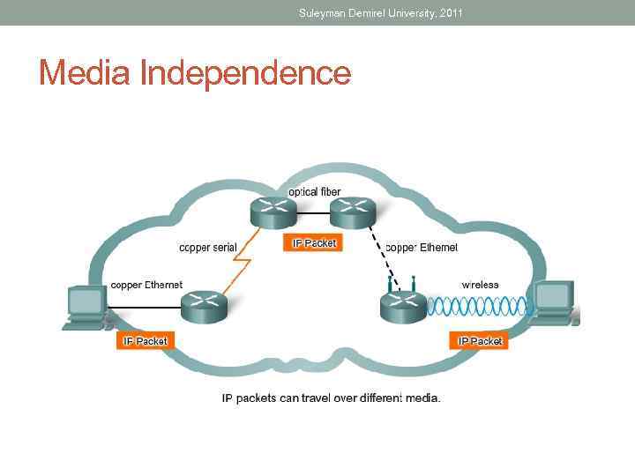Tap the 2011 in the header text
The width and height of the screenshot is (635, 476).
point(450,12)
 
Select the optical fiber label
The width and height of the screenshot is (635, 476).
point(314,192)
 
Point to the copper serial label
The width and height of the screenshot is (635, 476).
point(208,248)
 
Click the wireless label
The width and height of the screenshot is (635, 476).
point(480,285)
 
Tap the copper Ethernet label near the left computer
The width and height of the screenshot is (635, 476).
point(146,285)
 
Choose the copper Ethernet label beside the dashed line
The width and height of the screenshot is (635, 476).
point(422,248)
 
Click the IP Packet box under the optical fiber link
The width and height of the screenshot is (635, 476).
point(312,242)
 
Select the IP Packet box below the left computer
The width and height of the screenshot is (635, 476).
point(146,340)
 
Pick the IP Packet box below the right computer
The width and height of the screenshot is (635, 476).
point(479,340)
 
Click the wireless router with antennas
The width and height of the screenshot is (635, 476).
point(403,303)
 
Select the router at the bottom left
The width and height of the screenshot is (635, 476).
point(204,306)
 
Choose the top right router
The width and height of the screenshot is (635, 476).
point(353,212)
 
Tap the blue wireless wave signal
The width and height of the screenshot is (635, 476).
point(476,306)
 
